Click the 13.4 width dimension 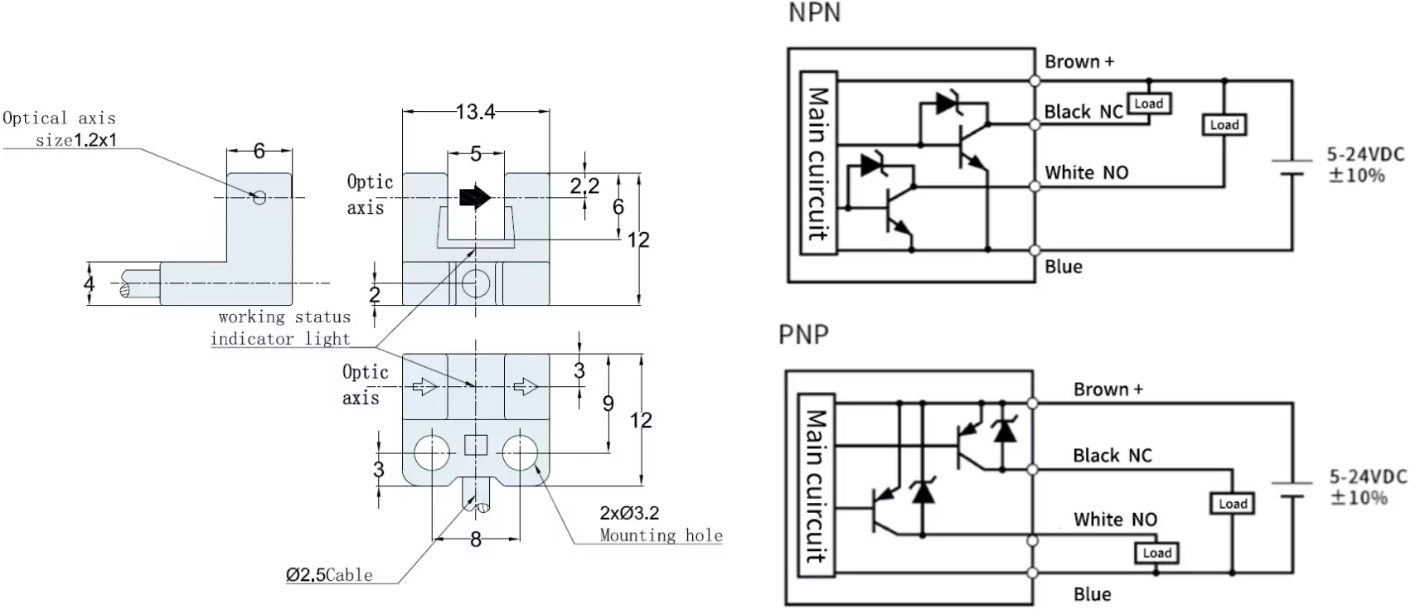click(475, 111)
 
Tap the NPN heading click(814, 13)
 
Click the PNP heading click(803, 334)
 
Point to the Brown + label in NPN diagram click(1079, 61)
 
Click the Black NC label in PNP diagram click(1112, 455)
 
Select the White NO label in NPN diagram click(1086, 172)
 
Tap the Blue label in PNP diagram click(1092, 593)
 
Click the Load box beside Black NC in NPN click(1148, 104)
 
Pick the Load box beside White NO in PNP click(1157, 553)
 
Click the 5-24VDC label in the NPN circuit click(1365, 154)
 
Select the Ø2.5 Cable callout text click(329, 574)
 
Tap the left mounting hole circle click(432, 452)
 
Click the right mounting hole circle click(520, 452)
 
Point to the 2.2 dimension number click(584, 186)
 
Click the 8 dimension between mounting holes click(476, 540)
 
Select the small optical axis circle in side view click(259, 197)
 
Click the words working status click(284, 317)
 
